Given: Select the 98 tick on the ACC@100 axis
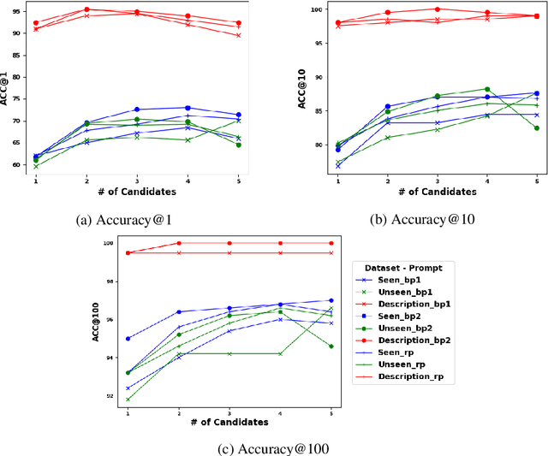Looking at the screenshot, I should tap(109, 281).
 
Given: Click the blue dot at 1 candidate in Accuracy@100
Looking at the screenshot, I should tap(128, 339).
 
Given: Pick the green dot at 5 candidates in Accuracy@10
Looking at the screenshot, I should tap(536, 128).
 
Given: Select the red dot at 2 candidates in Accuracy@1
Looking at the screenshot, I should tap(86, 9).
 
